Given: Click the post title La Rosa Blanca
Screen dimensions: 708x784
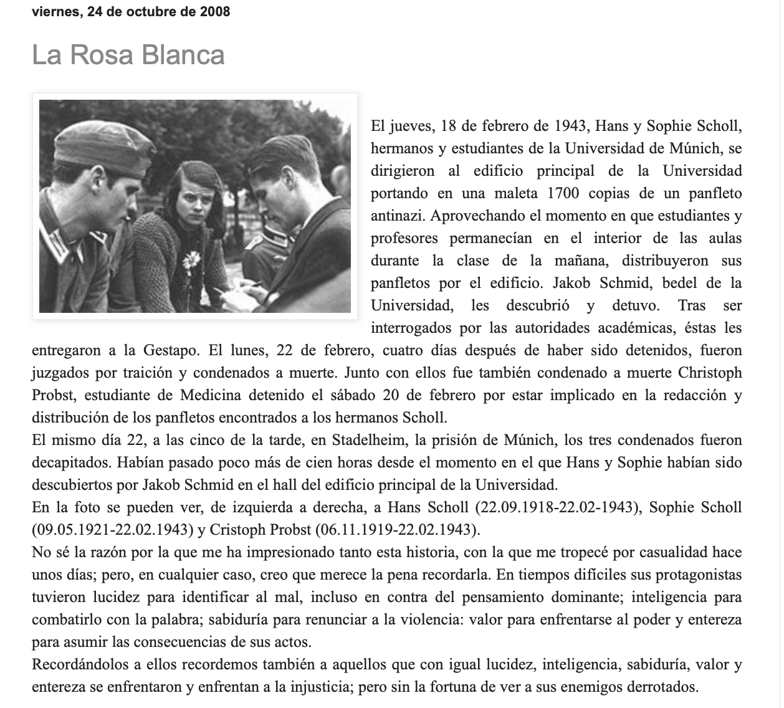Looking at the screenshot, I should tap(128, 55).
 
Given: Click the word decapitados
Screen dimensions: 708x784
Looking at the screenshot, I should tap(69, 462).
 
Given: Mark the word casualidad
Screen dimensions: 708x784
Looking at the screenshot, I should tap(663, 552).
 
